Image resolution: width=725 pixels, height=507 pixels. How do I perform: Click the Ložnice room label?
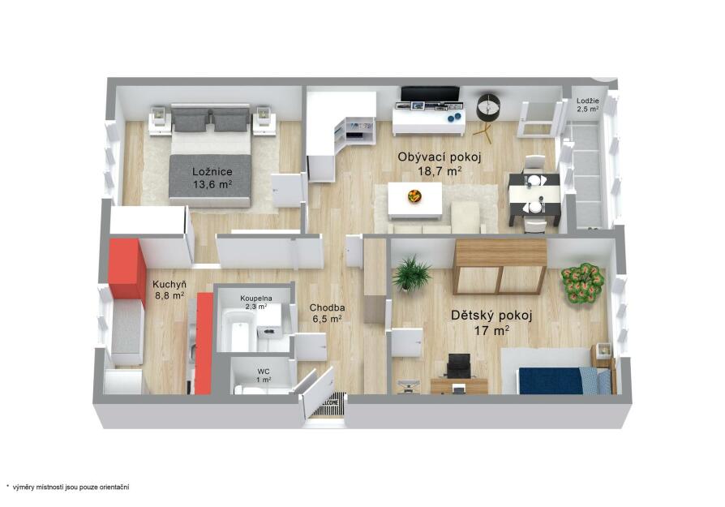(212, 172)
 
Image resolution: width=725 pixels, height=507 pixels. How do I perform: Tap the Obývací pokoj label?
(440, 157)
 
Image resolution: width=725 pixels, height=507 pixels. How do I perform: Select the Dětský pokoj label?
(491, 316)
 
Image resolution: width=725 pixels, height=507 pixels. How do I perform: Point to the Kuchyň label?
(169, 285)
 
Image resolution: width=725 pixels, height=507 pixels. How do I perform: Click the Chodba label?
(327, 307)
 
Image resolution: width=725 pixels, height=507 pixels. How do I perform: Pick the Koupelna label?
(256, 299)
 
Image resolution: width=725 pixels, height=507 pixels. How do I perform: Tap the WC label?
(264, 372)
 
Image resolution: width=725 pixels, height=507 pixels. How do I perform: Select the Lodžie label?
(588, 101)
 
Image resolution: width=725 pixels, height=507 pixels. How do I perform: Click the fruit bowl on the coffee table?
(414, 196)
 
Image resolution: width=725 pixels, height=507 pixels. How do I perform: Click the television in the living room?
(430, 93)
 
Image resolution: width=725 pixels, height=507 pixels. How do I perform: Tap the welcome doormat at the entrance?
(329, 404)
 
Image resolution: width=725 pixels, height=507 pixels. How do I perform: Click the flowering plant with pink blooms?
(582, 284)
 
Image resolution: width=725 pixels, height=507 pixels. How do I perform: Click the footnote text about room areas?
(68, 487)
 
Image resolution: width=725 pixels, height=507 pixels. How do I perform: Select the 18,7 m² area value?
(440, 172)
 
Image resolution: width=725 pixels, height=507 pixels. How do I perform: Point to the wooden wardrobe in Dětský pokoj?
(500, 266)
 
